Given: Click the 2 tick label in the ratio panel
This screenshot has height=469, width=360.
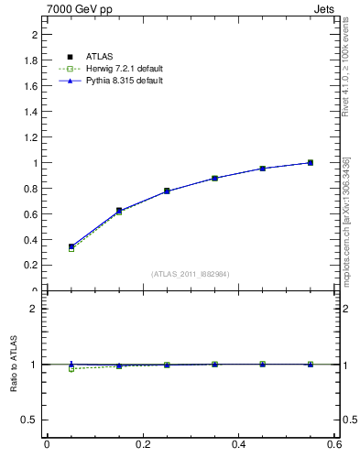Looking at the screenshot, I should pos(35,309).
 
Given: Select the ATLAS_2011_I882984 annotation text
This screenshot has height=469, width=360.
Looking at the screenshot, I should pos(190,274).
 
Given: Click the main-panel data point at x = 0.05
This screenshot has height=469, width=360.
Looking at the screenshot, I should pos(71,246).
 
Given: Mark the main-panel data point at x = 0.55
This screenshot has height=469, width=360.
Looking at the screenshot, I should pos(311,163).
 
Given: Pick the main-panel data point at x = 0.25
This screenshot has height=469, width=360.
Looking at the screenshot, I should pos(167,191).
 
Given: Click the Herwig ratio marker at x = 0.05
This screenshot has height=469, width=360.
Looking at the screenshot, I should pos(71,369).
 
